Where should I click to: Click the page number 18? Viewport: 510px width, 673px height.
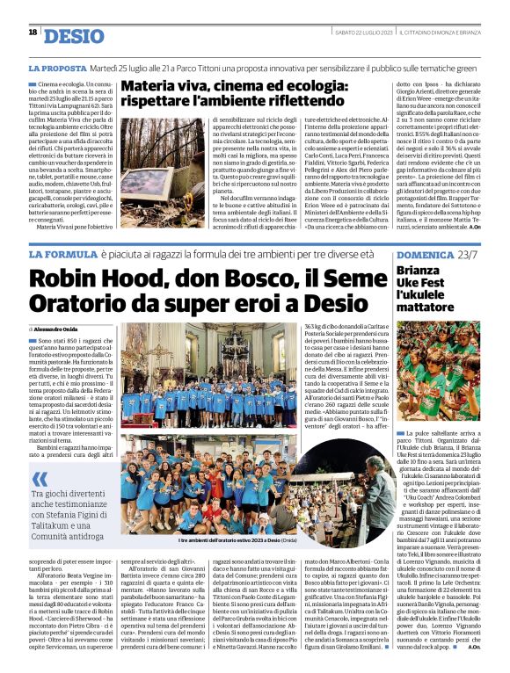coord(33,33)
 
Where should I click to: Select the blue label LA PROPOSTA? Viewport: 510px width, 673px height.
coord(57,68)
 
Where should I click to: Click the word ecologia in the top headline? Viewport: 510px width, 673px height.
coord(295,87)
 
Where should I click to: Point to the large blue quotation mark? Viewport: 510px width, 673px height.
coord(41,480)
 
